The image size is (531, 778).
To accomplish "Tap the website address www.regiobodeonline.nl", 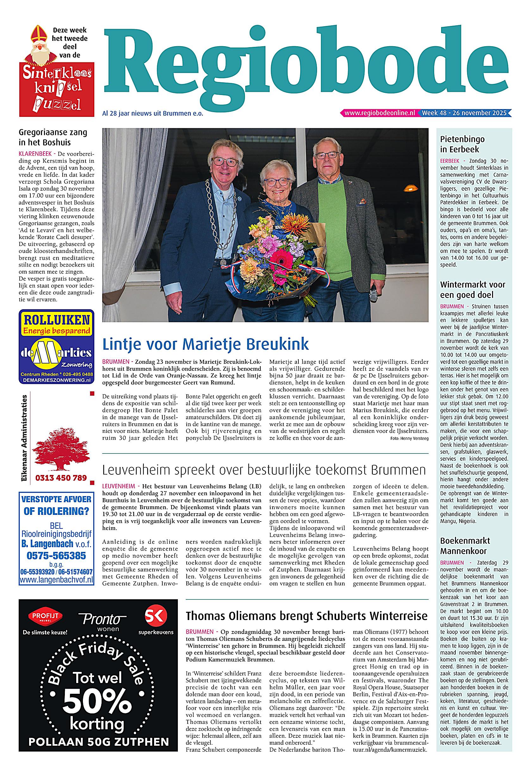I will point(379,113).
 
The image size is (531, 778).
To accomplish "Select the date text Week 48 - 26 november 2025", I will point(464,113).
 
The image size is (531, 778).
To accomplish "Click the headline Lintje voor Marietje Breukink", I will point(205,344).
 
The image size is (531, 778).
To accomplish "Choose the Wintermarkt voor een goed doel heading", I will point(472,290).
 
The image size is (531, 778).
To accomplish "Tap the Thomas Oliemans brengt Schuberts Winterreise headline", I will point(307,616).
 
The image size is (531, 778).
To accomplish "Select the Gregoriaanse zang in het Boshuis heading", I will point(53,137).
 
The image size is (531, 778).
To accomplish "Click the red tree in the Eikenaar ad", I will point(60,449).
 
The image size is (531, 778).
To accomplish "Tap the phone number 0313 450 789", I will point(61,478).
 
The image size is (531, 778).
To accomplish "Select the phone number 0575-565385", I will point(56,556).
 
